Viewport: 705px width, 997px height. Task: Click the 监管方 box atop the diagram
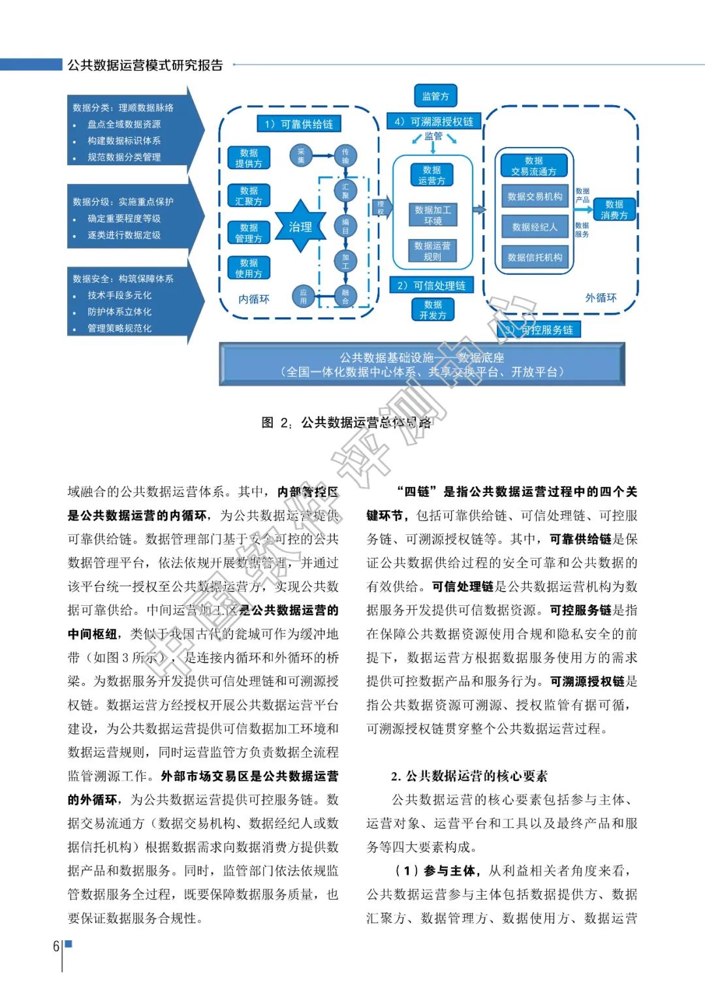(x=435, y=96)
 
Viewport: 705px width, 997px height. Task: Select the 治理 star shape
(x=300, y=227)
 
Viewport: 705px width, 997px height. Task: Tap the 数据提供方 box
(x=249, y=158)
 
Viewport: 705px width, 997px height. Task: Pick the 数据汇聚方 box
(x=249, y=195)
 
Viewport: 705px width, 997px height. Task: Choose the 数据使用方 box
(x=249, y=268)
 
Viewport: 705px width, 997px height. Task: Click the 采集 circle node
(x=301, y=155)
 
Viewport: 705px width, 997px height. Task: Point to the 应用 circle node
(x=303, y=296)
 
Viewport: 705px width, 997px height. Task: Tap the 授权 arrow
(x=381, y=208)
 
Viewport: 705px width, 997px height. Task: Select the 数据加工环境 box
(x=433, y=215)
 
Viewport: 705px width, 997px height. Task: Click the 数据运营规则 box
(x=432, y=251)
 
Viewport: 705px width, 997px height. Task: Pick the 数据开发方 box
(x=433, y=309)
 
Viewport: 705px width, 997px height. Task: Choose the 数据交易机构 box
(x=535, y=196)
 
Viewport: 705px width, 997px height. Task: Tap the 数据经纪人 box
(x=535, y=227)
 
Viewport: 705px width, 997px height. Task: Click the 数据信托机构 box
(x=535, y=257)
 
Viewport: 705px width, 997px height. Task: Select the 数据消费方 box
(x=614, y=209)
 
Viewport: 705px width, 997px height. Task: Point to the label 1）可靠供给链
(x=298, y=124)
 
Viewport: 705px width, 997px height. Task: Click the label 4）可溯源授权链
(x=433, y=121)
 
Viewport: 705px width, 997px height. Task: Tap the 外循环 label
(x=601, y=298)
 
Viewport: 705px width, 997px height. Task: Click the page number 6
(x=56, y=945)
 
